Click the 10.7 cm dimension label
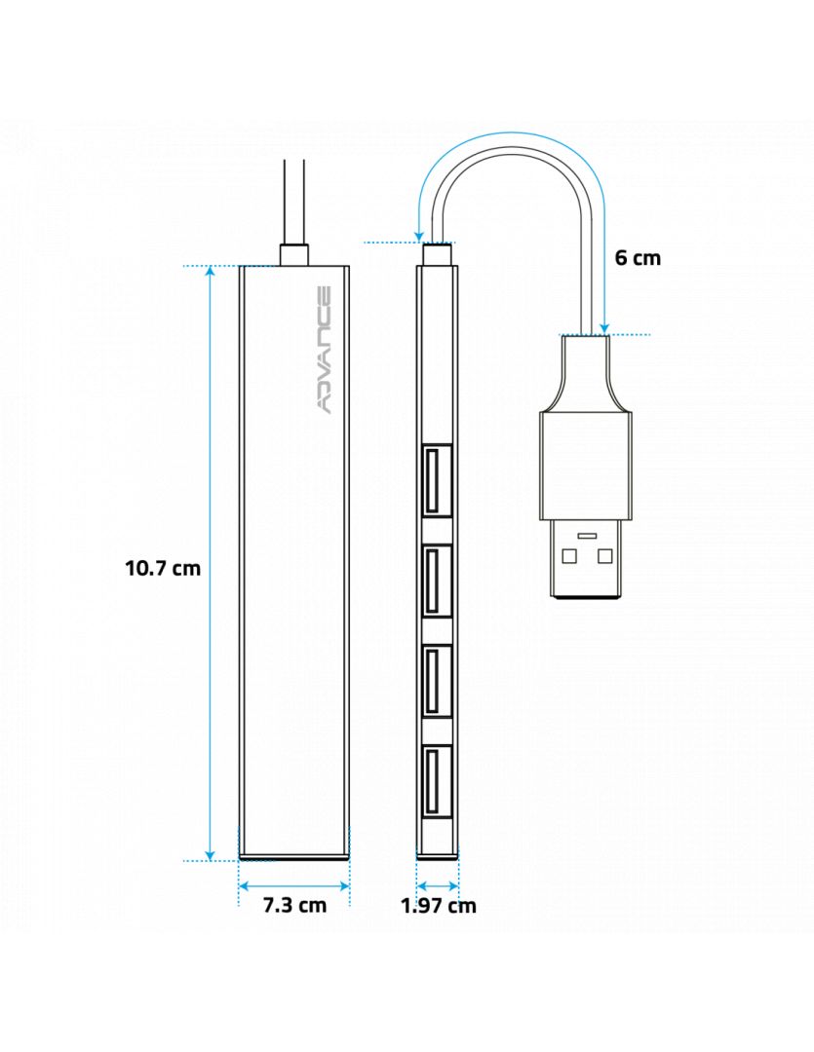pyautogui.click(x=162, y=567)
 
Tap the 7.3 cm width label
pyautogui.click(x=294, y=905)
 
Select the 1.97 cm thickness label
pyautogui.click(x=438, y=905)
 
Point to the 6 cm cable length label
pyautogui.click(x=638, y=257)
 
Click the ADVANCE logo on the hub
pyautogui.click(x=325, y=350)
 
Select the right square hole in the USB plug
pyautogui.click(x=604, y=556)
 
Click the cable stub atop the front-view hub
pyautogui.click(x=293, y=254)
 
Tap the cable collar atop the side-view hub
pyautogui.click(x=438, y=254)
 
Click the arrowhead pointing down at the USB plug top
pyautogui.click(x=604, y=328)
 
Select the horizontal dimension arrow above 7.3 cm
pyautogui.click(x=294, y=885)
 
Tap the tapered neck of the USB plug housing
pyautogui.click(x=585, y=380)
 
